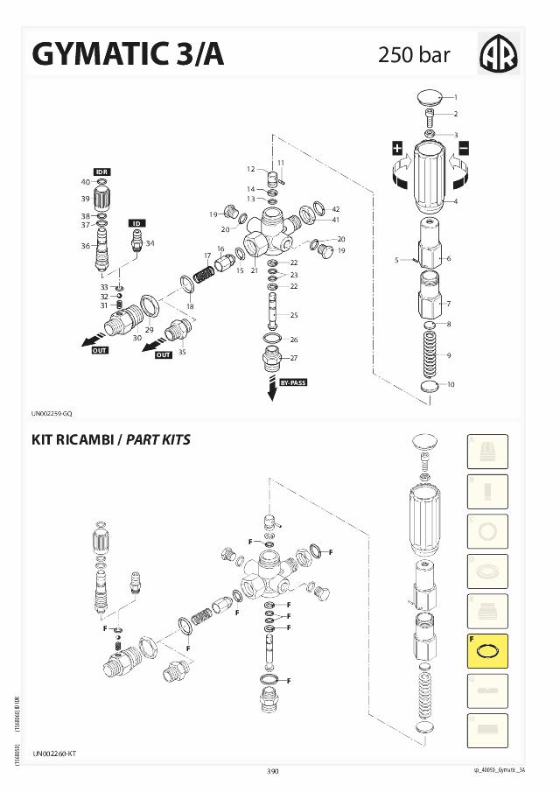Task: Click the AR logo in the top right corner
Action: [499, 54]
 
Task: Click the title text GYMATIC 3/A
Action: [128, 54]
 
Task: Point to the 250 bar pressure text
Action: [414, 55]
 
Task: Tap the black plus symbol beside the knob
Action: [397, 148]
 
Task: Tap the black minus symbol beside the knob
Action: [464, 148]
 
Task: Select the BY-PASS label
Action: [292, 382]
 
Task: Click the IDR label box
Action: [101, 172]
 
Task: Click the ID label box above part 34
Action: [137, 223]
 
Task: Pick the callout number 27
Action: [294, 358]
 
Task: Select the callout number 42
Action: [335, 209]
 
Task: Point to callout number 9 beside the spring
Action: [450, 355]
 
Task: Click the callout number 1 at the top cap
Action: [455, 96]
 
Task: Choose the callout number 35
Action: [182, 352]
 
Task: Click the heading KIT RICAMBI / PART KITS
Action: [111, 438]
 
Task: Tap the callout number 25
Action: [294, 315]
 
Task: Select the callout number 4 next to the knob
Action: [455, 201]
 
